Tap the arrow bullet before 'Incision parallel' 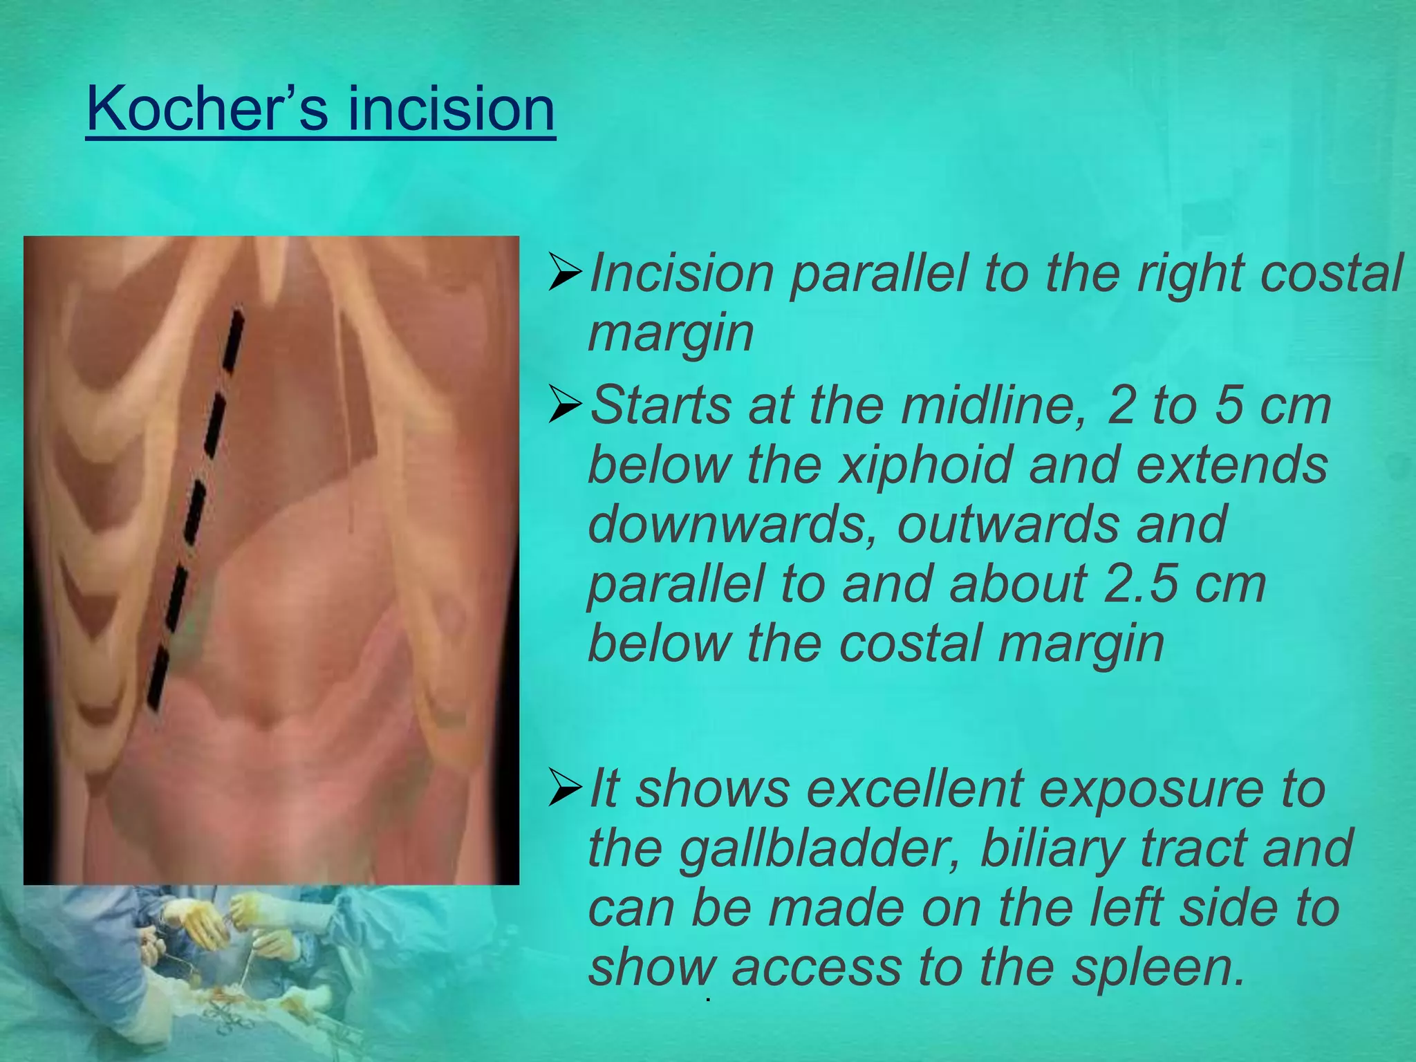click(565, 272)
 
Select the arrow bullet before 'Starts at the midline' click(565, 405)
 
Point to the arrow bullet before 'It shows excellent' click(565, 789)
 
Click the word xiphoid click(926, 465)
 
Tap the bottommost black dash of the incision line click(158, 681)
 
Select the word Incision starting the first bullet click(681, 272)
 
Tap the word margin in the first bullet click(670, 333)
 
